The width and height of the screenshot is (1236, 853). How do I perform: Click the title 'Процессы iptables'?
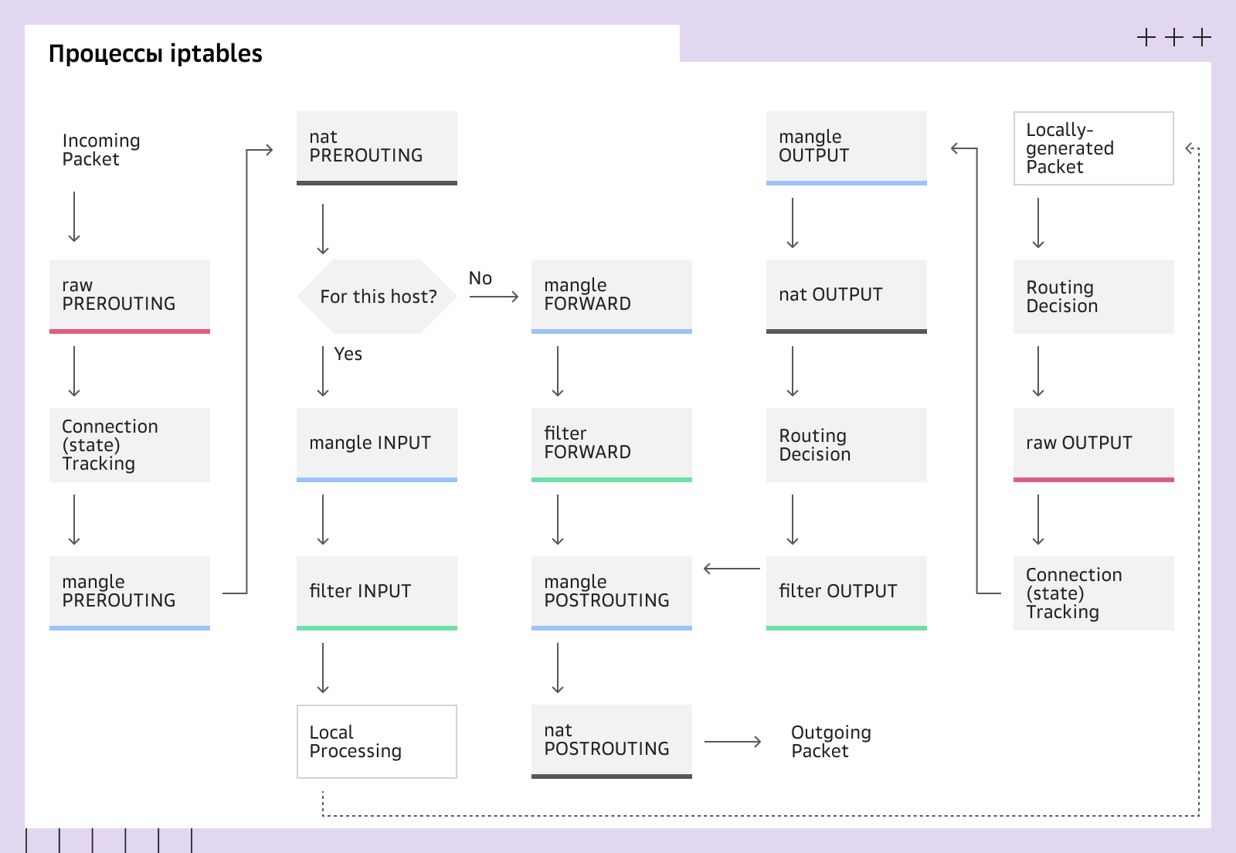[x=155, y=53]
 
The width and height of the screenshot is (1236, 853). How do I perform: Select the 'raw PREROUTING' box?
[x=130, y=295]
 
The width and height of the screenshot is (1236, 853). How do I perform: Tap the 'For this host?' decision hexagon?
[x=378, y=297]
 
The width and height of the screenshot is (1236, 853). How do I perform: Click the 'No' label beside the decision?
[x=480, y=278]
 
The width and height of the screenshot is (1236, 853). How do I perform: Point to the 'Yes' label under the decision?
[x=348, y=354]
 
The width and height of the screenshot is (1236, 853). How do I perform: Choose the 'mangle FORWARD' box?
[x=611, y=295]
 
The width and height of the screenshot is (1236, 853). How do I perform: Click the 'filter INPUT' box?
[x=377, y=592]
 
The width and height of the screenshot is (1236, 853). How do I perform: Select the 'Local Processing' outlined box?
[x=377, y=742]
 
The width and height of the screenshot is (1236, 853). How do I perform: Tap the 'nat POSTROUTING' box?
[x=611, y=740]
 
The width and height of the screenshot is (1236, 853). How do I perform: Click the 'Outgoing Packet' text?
[x=830, y=742]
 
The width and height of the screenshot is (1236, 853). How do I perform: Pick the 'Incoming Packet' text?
[x=100, y=150]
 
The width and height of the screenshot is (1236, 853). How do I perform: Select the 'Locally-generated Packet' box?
[x=1093, y=148]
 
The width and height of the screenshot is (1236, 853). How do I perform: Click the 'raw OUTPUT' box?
[x=1093, y=443]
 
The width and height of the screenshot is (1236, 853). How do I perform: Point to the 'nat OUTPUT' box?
[x=846, y=295]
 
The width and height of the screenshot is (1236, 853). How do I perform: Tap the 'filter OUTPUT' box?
[x=846, y=592]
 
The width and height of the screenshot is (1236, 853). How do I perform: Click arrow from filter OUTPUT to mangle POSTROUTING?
[x=732, y=569]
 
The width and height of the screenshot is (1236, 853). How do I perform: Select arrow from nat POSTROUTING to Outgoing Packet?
[x=732, y=742]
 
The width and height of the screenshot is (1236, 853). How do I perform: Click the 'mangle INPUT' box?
[x=377, y=443]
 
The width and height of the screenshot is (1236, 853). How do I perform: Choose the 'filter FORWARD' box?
[x=611, y=443]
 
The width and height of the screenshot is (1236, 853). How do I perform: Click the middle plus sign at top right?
[x=1174, y=37]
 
